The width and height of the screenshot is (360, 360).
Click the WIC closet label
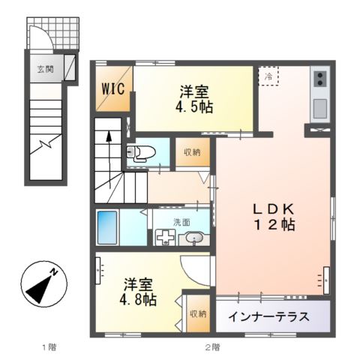point(113,88)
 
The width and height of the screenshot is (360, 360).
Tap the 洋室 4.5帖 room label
point(194,100)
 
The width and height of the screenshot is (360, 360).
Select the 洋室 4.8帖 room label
point(138,292)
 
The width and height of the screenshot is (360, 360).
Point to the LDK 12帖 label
point(274,217)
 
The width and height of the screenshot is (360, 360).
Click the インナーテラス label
point(269,316)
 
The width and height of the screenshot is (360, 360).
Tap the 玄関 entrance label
point(46,69)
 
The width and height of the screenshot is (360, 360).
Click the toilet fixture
point(141,151)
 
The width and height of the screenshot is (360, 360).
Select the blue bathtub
point(107,227)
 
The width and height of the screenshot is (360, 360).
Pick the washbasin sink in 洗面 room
point(194,238)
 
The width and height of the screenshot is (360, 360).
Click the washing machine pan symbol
point(166,237)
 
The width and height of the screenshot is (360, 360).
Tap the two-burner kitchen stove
point(320,79)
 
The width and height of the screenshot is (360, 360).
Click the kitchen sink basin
point(320,109)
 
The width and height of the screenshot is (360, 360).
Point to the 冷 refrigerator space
point(268,76)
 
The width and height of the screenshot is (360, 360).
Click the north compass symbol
point(44,283)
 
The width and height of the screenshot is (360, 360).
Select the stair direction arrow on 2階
point(109,160)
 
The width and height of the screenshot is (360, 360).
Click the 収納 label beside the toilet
point(193,152)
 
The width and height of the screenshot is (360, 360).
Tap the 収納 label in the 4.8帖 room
point(198,313)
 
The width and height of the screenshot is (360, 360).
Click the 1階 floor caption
point(49,347)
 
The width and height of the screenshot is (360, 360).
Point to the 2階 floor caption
point(213,347)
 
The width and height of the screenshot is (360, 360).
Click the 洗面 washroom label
point(181,222)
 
